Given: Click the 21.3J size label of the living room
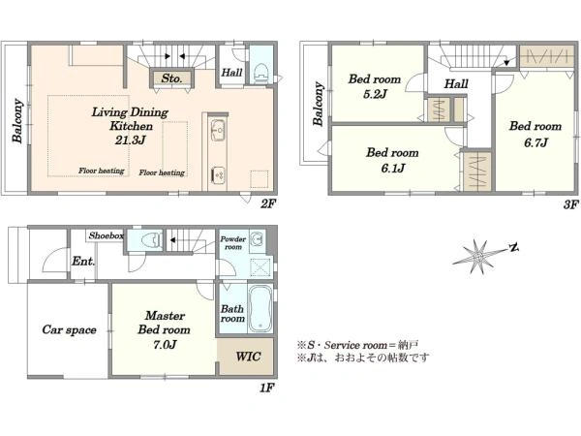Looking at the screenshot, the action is (131, 140).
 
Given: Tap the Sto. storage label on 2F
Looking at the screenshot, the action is (171, 78).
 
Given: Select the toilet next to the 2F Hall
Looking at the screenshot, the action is (261, 73).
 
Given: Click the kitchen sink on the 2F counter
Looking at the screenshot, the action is (218, 129).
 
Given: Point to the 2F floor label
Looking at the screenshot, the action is (267, 203).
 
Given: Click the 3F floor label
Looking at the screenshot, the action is (570, 203).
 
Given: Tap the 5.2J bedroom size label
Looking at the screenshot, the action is (375, 94).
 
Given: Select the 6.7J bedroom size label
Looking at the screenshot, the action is (535, 142).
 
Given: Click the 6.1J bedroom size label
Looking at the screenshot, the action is (393, 169).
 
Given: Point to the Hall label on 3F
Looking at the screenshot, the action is (456, 83).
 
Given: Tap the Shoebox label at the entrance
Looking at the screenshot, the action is (106, 235).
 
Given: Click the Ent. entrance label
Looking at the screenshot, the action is (83, 261).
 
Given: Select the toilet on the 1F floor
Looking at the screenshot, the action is (152, 240).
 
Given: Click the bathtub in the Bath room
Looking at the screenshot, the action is (260, 308).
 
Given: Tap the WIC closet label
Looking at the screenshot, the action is (248, 357).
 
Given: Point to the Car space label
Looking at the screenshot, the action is (69, 329).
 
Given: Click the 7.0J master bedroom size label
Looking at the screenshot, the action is (165, 345).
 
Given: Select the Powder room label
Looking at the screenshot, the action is (232, 243).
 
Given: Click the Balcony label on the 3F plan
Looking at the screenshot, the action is (318, 104).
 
